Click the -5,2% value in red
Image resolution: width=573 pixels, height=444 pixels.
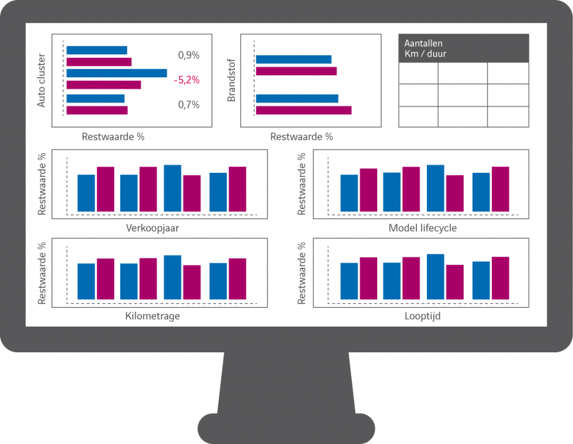pyautogui.click(x=186, y=80)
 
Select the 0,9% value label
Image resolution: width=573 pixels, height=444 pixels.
pyautogui.click(x=189, y=55)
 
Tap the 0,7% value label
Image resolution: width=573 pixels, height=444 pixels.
pyautogui.click(x=189, y=105)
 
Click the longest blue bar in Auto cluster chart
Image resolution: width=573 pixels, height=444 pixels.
pyautogui.click(x=116, y=73)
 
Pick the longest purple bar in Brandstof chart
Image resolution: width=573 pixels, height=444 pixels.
pyautogui.click(x=303, y=110)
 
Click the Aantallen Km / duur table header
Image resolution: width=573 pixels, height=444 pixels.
pyautogui.click(x=463, y=48)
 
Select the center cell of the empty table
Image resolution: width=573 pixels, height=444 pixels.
pyautogui.click(x=462, y=95)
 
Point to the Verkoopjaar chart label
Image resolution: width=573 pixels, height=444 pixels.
pyautogui.click(x=152, y=228)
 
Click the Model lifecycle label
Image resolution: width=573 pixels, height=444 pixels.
pyautogui.click(x=422, y=228)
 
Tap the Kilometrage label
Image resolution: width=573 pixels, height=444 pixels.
pyautogui.click(x=152, y=316)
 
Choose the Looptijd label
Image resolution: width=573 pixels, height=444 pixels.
pyautogui.click(x=422, y=316)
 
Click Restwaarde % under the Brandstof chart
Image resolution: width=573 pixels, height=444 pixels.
pyautogui.click(x=301, y=136)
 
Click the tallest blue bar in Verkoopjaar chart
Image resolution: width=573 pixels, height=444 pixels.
pyautogui.click(x=172, y=188)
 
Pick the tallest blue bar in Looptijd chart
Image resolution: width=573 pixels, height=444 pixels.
pyautogui.click(x=435, y=277)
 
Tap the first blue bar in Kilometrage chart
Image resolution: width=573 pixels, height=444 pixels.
pyautogui.click(x=86, y=281)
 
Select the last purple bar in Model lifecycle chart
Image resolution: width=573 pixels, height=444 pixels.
pyautogui.click(x=500, y=189)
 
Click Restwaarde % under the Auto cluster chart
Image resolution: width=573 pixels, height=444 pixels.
pyautogui.click(x=113, y=136)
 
